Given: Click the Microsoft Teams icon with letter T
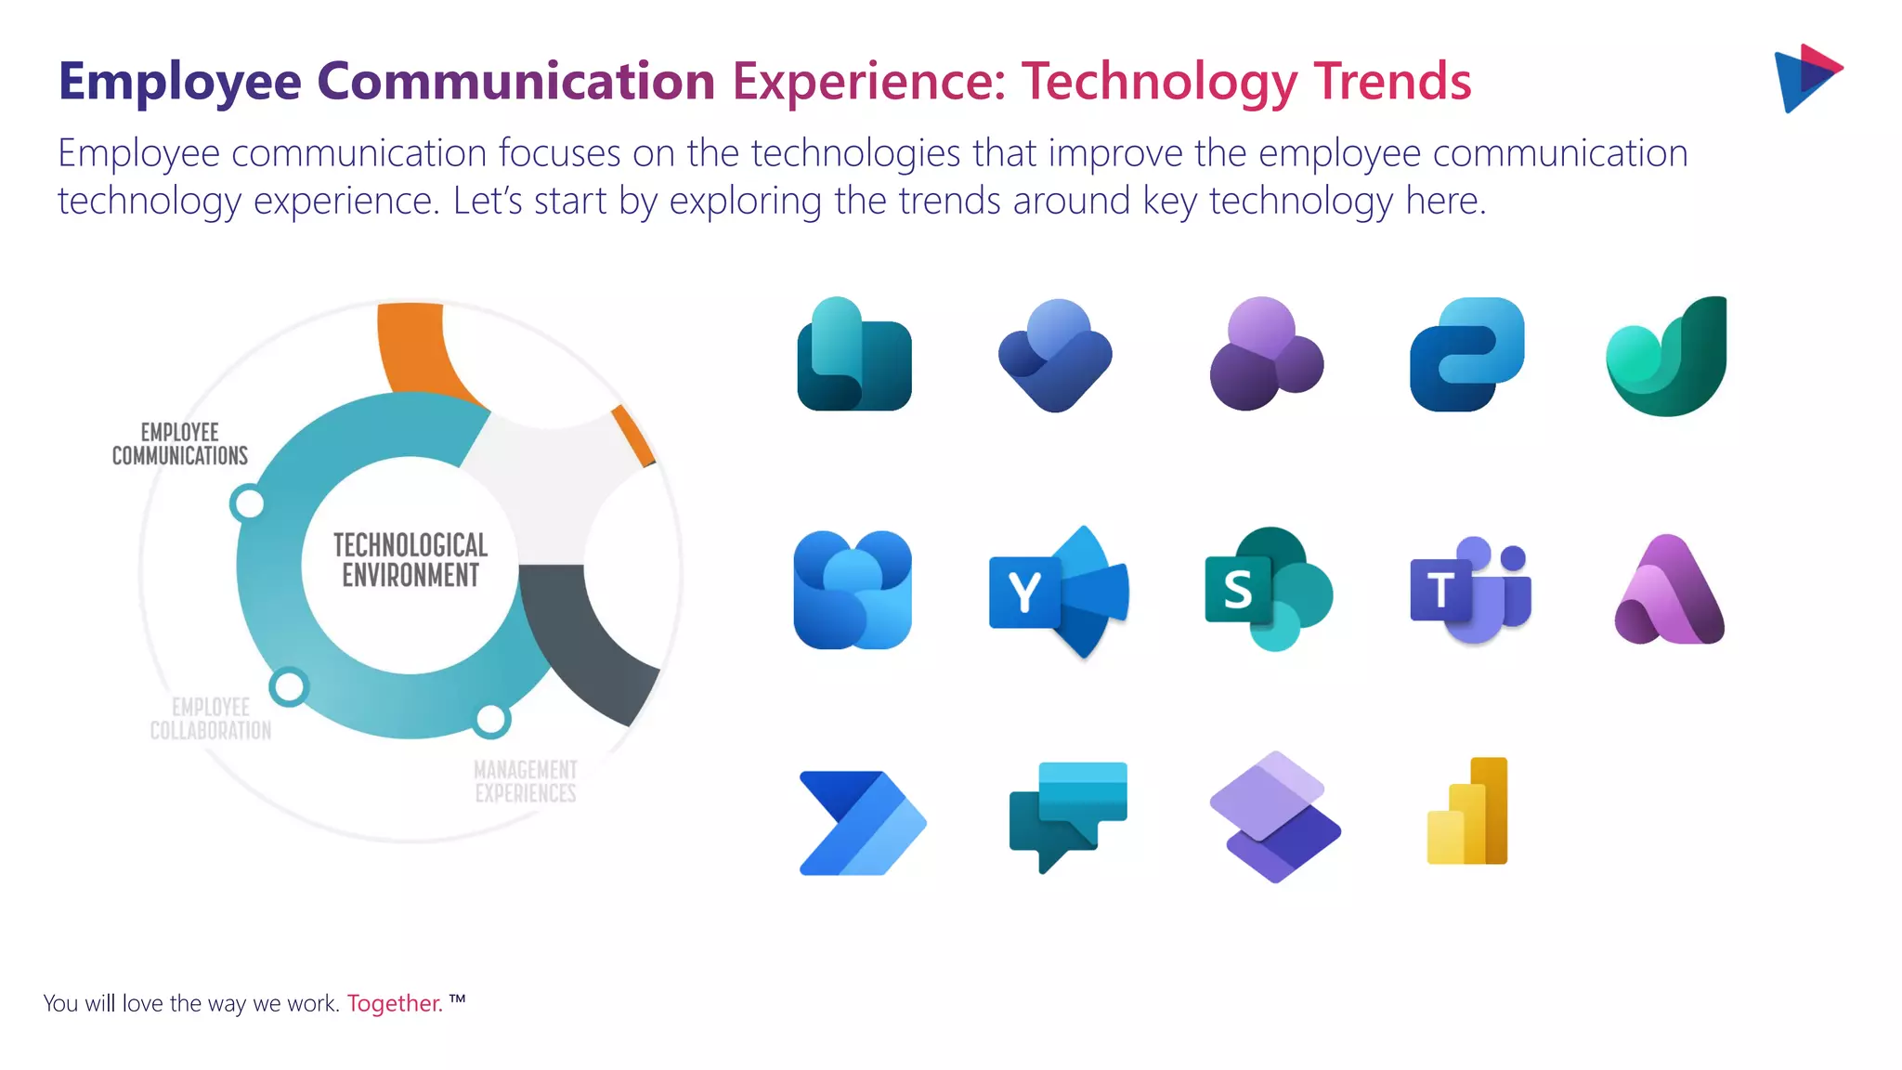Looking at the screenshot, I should (1469, 591).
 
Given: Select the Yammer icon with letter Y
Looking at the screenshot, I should (1059, 592).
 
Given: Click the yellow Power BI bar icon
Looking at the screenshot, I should (1467, 812).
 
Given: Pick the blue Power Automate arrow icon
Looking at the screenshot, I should (862, 822).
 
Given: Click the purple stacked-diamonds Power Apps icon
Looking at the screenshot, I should (1275, 817).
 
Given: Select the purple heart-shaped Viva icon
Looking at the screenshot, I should (1056, 355).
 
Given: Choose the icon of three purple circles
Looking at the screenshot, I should (1266, 354).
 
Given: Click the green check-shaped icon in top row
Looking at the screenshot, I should (1668, 358).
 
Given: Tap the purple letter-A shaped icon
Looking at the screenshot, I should (1669, 591).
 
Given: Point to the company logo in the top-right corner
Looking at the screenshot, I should (1807, 78).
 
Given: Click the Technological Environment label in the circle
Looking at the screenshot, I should (410, 560).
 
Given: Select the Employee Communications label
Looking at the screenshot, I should (180, 444).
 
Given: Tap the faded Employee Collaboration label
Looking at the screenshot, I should (211, 719).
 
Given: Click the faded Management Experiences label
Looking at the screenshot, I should (526, 781).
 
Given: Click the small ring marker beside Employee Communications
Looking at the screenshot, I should (248, 503).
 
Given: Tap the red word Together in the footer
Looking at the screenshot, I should (395, 1003).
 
